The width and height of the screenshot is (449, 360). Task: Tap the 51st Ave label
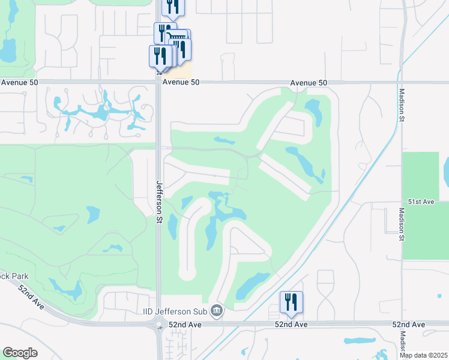tap(420, 202)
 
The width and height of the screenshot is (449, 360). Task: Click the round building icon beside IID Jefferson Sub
tap(217, 311)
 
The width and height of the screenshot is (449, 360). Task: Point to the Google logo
tap(20, 353)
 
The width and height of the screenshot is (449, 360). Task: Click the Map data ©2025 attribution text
tap(423, 355)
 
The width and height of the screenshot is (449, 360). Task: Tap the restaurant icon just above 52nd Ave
tap(291, 302)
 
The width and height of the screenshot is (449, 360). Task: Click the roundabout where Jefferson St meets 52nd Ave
tap(160, 325)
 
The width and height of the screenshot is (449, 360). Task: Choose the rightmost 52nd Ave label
tap(409, 325)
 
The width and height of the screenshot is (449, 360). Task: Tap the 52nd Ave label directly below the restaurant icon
tap(291, 325)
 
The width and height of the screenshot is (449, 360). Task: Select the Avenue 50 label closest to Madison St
tap(309, 82)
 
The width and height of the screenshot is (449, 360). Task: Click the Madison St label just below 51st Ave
tap(402, 226)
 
